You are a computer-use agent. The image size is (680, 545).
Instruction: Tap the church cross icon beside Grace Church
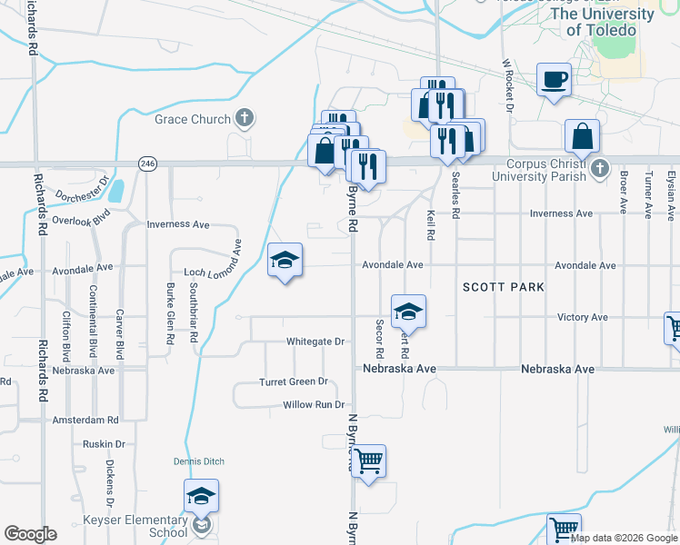244,117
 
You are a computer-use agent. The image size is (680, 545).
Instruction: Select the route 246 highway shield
147,163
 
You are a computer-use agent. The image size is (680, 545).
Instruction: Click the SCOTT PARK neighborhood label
503,287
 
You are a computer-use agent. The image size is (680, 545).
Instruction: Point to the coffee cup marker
555,80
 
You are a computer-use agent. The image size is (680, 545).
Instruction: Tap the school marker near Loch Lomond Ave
285,261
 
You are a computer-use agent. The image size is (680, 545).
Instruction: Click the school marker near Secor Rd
409,312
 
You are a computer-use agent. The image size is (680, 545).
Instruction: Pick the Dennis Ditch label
199,461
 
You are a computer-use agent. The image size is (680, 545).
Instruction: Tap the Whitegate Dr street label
315,342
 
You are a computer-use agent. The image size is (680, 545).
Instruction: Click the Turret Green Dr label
293,382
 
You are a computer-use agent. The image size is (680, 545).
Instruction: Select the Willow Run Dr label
315,404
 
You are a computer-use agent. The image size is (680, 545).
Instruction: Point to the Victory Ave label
582,317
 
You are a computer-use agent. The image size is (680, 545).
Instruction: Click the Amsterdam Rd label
85,421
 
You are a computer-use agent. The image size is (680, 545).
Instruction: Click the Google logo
30,534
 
